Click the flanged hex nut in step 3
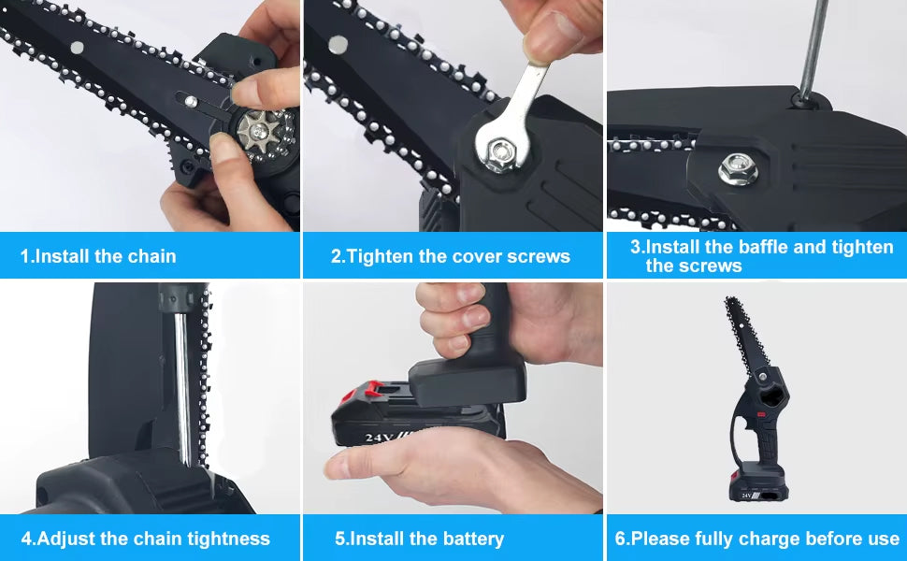tap(738, 169)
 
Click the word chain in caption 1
tap(151, 256)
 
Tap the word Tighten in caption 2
tap(380, 256)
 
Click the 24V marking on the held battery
tap(379, 438)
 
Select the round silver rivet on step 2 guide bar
tap(338, 43)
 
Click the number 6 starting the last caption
tap(620, 539)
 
